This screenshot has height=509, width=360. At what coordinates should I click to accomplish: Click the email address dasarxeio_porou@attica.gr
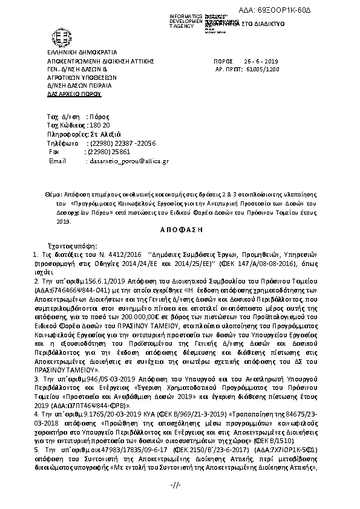(129, 161)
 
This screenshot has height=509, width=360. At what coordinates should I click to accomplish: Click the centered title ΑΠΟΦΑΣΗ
(180, 230)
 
